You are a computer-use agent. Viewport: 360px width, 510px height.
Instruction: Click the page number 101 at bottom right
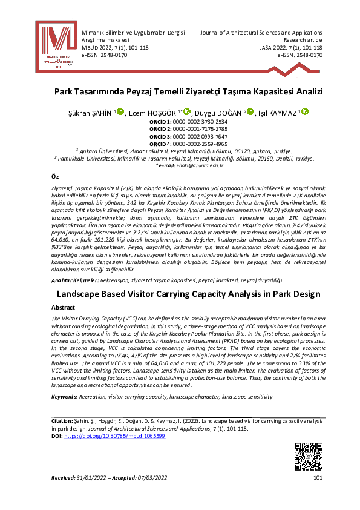click(318, 479)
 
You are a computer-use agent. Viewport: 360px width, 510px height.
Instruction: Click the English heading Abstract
click(63, 308)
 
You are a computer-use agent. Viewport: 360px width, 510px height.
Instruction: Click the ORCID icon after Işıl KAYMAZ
click(304, 111)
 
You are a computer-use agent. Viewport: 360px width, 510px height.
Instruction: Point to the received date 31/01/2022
click(92, 479)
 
